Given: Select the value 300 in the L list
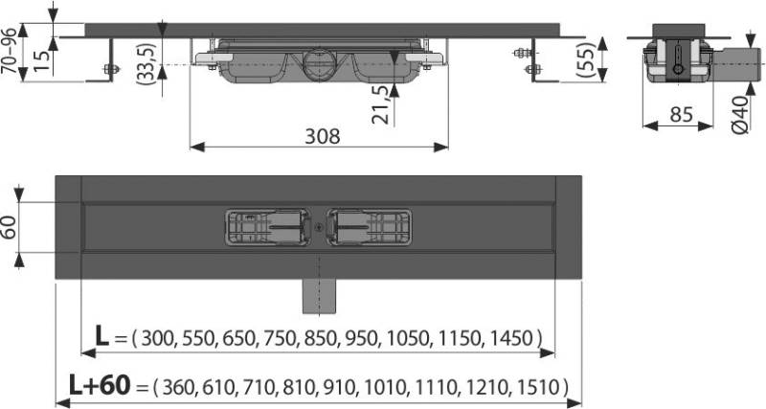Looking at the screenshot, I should tap(157, 338).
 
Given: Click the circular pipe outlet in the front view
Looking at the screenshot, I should tap(317, 65).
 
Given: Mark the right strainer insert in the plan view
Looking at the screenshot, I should tap(370, 228).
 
